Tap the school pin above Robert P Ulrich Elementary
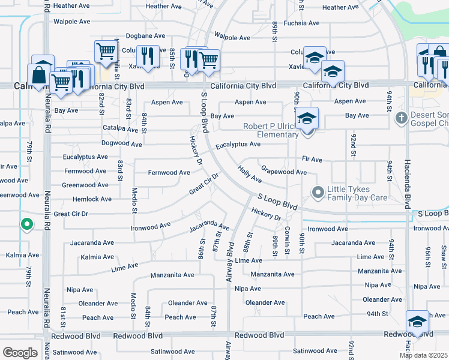[307, 118]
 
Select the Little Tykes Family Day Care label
[357, 192]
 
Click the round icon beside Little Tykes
[318, 192]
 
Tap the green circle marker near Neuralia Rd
[26, 224]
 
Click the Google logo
[20, 352]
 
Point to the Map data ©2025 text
[423, 355]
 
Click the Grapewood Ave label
[284, 172]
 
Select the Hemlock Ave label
[92, 199]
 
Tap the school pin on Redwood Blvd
[417, 322]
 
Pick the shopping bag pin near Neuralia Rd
[39, 76]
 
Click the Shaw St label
[444, 252]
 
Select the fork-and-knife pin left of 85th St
[148, 57]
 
